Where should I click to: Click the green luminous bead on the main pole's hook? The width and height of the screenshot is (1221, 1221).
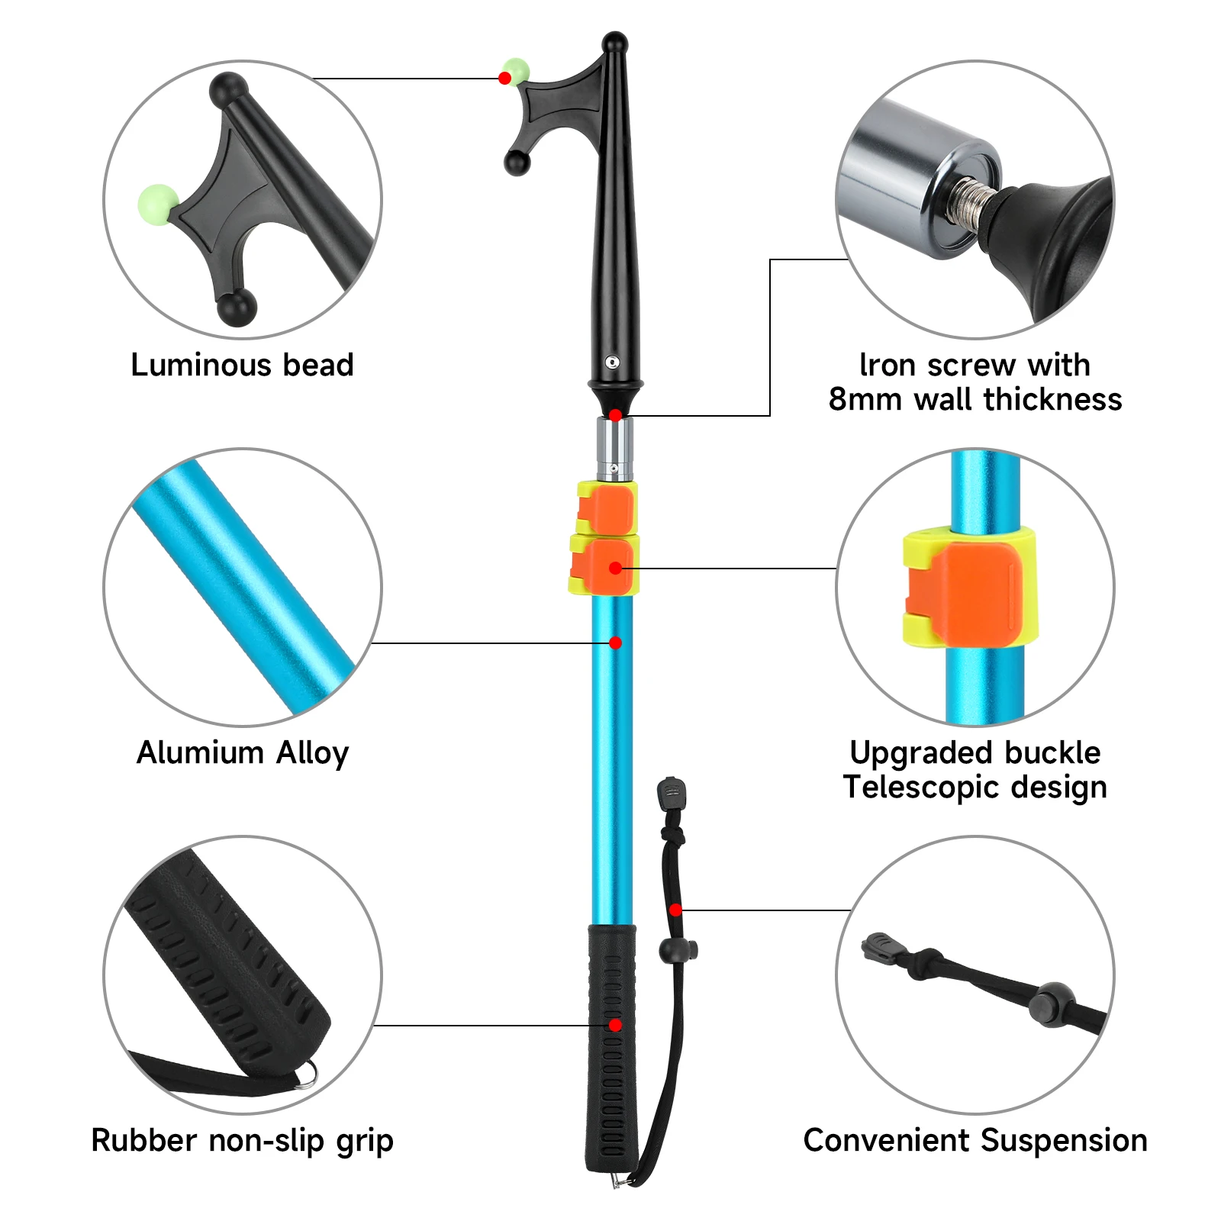pos(517,70)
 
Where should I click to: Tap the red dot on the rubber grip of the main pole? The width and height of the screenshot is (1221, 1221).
pos(615,1025)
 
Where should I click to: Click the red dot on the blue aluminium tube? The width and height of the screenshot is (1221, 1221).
pos(615,643)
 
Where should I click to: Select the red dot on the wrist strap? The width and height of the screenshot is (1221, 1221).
pos(675,910)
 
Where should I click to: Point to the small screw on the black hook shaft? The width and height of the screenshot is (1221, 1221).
pos(612,362)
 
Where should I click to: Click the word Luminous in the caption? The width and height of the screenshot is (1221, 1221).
pos(200,365)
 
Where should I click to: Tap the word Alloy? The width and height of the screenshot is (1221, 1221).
pos(313,754)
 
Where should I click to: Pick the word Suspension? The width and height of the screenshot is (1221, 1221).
pos(1065,1141)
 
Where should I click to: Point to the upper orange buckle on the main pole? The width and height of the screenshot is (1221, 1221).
pos(607,508)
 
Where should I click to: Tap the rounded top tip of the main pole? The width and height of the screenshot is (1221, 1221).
pos(615,41)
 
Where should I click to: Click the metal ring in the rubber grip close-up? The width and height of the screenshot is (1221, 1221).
pos(308,1074)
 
